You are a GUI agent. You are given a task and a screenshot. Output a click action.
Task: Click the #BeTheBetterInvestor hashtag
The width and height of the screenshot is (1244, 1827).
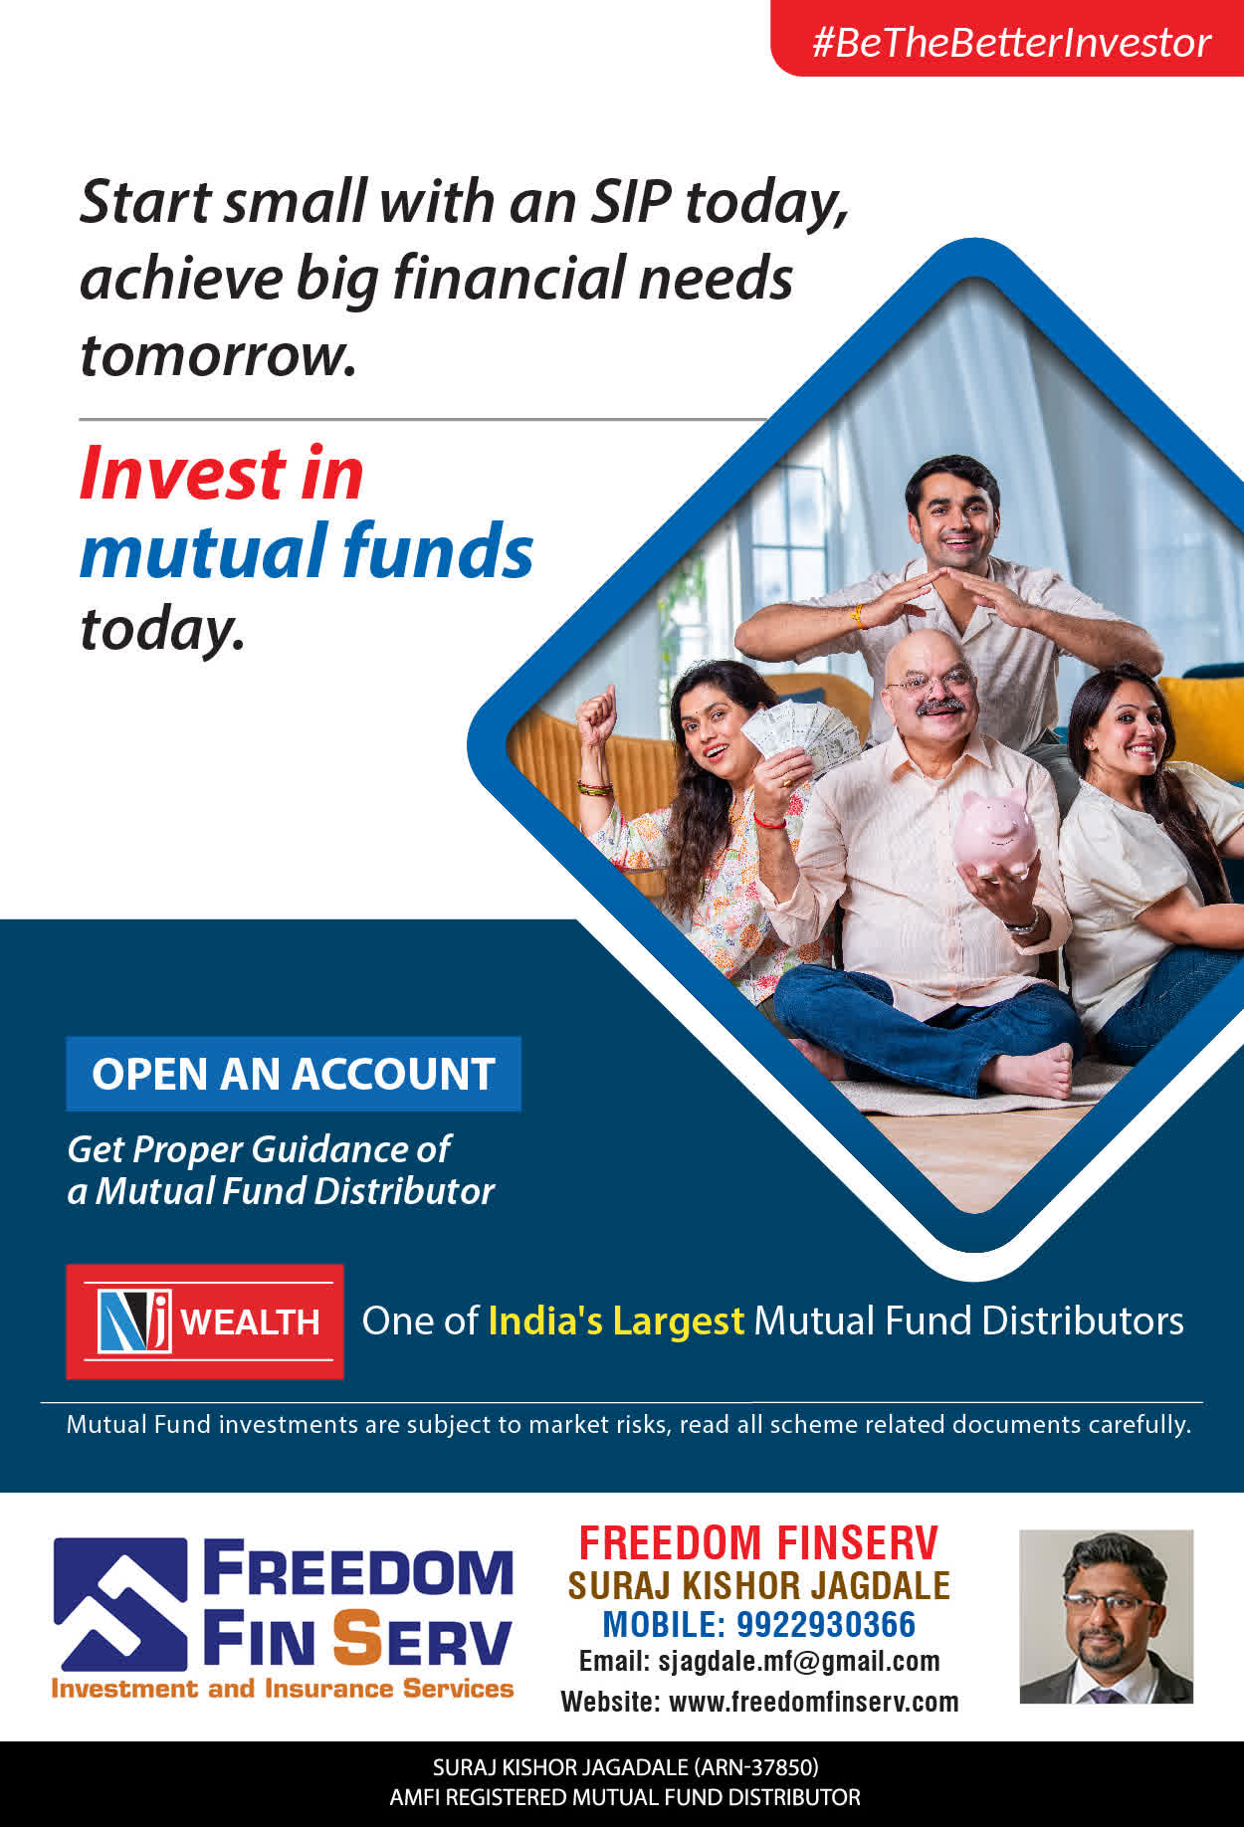(1011, 42)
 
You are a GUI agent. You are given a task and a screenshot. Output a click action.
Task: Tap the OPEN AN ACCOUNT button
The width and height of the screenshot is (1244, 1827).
(294, 1074)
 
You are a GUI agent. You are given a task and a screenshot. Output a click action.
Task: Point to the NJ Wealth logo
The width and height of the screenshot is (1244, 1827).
(205, 1321)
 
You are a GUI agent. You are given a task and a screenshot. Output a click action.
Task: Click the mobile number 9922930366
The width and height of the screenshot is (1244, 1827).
(825, 1624)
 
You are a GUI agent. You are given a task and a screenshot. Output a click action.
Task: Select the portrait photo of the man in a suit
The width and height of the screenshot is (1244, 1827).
(1106, 1616)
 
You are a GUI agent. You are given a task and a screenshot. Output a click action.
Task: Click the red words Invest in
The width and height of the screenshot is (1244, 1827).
(221, 473)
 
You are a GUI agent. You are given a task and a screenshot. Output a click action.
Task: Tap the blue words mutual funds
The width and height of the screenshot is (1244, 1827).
(307, 550)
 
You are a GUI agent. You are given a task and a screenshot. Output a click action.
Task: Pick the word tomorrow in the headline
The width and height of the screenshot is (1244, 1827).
(217, 355)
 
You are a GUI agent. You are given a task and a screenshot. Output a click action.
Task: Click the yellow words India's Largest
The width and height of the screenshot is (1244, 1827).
(616, 1320)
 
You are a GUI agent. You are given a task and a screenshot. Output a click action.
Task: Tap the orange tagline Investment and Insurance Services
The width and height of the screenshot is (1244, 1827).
(283, 1689)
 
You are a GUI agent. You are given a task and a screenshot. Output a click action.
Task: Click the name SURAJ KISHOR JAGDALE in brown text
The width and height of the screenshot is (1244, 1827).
(758, 1584)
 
